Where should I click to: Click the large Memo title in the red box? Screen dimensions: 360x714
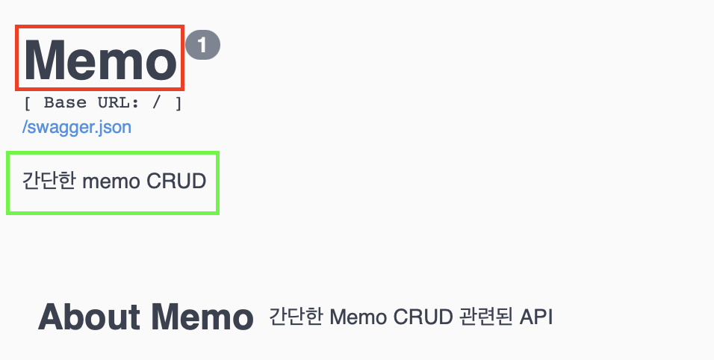[x=100, y=59]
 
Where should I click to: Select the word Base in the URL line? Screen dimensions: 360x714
[x=66, y=103]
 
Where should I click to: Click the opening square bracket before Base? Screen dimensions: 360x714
[x=28, y=103]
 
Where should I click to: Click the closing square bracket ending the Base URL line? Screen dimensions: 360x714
[x=178, y=103]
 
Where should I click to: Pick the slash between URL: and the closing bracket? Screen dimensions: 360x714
[x=159, y=103]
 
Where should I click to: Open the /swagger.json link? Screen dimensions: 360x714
[x=77, y=127]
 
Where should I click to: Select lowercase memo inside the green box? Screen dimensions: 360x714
[x=109, y=181]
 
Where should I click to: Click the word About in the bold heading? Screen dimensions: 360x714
[x=89, y=317]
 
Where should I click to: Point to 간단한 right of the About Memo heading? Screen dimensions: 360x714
[x=296, y=317]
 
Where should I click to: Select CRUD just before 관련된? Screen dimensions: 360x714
[x=421, y=317]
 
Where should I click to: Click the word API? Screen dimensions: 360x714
[x=537, y=317]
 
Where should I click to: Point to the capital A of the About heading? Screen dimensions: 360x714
[x=51, y=317]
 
